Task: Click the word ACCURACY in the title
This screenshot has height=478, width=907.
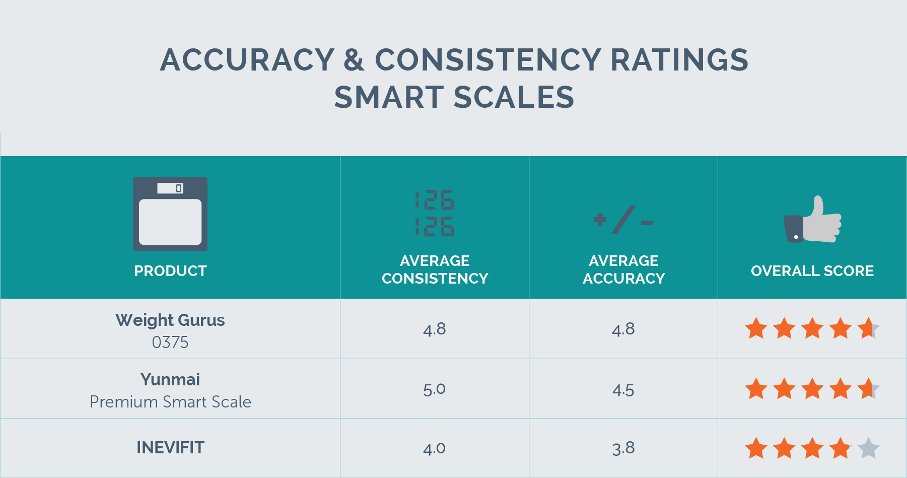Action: [247, 60]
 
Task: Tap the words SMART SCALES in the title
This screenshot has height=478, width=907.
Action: [454, 97]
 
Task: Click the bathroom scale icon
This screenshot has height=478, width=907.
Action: [170, 214]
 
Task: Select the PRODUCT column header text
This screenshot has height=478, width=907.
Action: [170, 271]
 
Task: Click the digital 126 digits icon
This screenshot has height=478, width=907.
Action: [435, 213]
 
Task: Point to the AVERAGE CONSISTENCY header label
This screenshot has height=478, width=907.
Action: [435, 269]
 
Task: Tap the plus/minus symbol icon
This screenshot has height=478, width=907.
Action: [623, 220]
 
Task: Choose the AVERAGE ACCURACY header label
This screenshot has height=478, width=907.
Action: [623, 269]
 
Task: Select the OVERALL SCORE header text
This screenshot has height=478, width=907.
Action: [812, 271]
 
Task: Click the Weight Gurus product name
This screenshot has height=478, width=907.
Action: [170, 320]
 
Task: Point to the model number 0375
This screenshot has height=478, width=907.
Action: [170, 343]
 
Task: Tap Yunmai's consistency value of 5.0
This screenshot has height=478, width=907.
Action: [434, 389]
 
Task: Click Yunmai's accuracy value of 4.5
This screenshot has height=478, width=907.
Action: [623, 390]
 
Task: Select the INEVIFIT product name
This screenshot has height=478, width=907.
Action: [170, 448]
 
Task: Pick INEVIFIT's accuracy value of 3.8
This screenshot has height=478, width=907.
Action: [623, 448]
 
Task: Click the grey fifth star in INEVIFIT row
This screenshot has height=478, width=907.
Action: [868, 448]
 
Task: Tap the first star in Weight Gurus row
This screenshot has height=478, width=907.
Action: [756, 329]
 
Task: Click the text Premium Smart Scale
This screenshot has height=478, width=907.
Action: [170, 402]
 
